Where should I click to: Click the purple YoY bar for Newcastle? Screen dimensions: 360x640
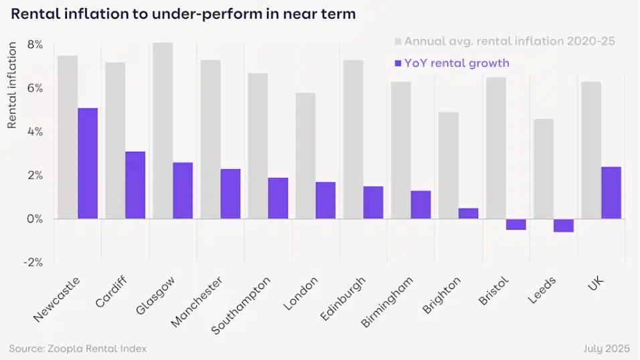[88, 163]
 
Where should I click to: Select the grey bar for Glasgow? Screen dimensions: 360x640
[163, 130]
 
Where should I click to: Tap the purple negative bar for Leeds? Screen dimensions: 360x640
[563, 226]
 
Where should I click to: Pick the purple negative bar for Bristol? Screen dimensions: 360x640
[515, 224]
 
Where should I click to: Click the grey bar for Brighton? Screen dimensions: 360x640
[449, 165]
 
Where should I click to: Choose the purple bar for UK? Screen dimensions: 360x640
[611, 193]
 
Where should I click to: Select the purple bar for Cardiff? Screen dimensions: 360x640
[135, 185]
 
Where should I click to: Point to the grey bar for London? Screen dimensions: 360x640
[305, 156]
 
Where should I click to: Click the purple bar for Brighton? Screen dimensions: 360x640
[468, 213]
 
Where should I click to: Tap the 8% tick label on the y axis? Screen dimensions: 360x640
[35, 45]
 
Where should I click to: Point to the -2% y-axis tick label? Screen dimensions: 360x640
[33, 262]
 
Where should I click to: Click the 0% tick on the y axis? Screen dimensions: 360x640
[35, 219]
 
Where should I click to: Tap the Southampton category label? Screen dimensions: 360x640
[241, 305]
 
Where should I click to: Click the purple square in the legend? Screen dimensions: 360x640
[398, 64]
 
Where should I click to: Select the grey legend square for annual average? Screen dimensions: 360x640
[398, 41]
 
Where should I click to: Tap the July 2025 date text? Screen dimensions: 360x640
[607, 349]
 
